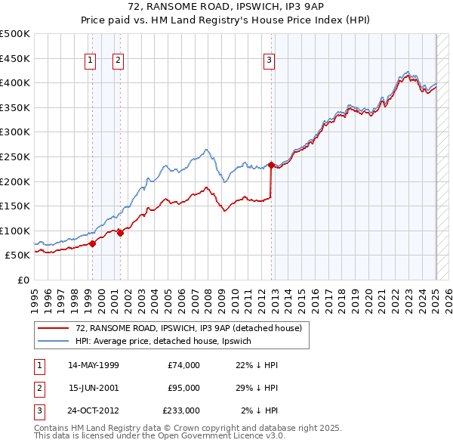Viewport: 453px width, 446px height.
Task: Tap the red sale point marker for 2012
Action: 271,164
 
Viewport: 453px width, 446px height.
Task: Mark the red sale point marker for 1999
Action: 92,243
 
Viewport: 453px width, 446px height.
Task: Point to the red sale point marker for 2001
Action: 120,233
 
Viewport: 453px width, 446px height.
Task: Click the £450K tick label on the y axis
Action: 16,58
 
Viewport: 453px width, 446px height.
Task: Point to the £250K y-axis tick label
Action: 16,156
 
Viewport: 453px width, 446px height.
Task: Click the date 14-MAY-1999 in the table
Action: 94,365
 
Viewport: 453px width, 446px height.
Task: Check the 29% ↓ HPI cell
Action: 257,388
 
